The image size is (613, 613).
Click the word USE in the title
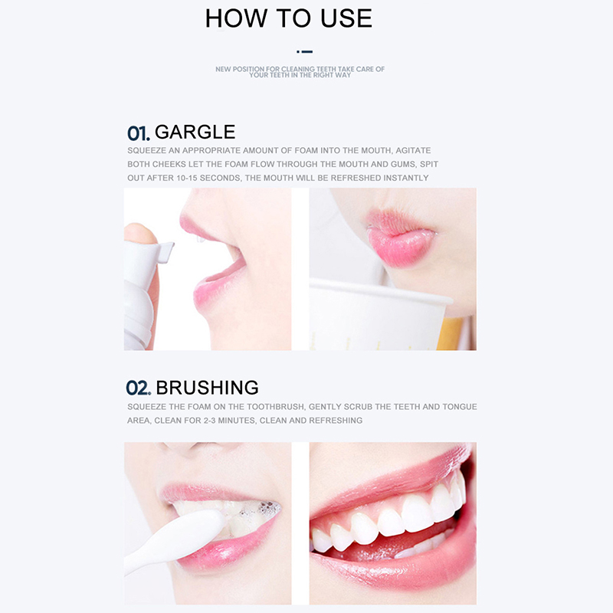pyautogui.click(x=346, y=18)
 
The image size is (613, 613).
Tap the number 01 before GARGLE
pyautogui.click(x=139, y=133)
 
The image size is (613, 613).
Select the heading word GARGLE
pyautogui.click(x=195, y=132)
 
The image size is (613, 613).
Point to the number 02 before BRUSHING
pyautogui.click(x=139, y=388)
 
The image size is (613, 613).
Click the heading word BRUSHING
pyautogui.click(x=207, y=388)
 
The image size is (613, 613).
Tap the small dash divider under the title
pyautogui.click(x=304, y=51)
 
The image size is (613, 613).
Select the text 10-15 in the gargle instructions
pyautogui.click(x=186, y=179)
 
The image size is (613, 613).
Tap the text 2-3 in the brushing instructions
pyautogui.click(x=209, y=421)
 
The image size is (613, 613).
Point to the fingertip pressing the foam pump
pyautogui.click(x=139, y=234)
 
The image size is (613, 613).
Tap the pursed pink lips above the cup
pyautogui.click(x=399, y=236)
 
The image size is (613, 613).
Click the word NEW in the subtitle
pyautogui.click(x=223, y=69)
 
